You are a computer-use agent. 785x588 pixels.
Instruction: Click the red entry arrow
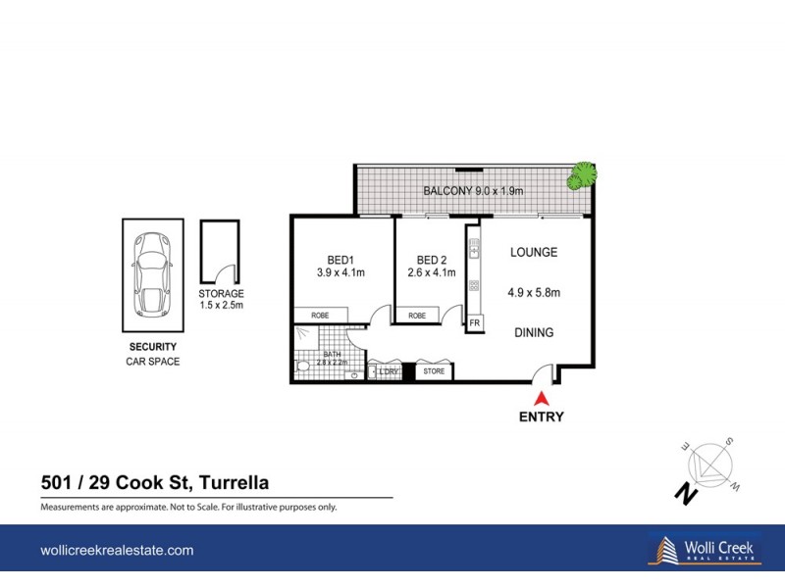point(540,398)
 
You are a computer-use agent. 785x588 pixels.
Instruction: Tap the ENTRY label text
point(542,416)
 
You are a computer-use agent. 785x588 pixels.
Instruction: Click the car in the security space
point(152,276)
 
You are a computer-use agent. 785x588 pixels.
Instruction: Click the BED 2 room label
point(430,260)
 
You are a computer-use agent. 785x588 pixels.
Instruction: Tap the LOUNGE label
point(534,253)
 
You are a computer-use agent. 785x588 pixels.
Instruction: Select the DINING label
point(534,333)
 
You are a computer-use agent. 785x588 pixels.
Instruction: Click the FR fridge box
point(474,322)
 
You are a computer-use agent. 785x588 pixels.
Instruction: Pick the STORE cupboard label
point(433,372)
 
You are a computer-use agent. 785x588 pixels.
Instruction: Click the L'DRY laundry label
point(386,372)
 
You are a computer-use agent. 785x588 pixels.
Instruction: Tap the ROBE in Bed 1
point(320,316)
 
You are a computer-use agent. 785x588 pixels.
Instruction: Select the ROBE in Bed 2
point(417,316)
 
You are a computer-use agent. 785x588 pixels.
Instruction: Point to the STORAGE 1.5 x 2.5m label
point(221,300)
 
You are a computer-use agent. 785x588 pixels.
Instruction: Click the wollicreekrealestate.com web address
point(116,551)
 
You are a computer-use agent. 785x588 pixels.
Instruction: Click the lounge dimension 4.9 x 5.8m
point(535,292)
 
